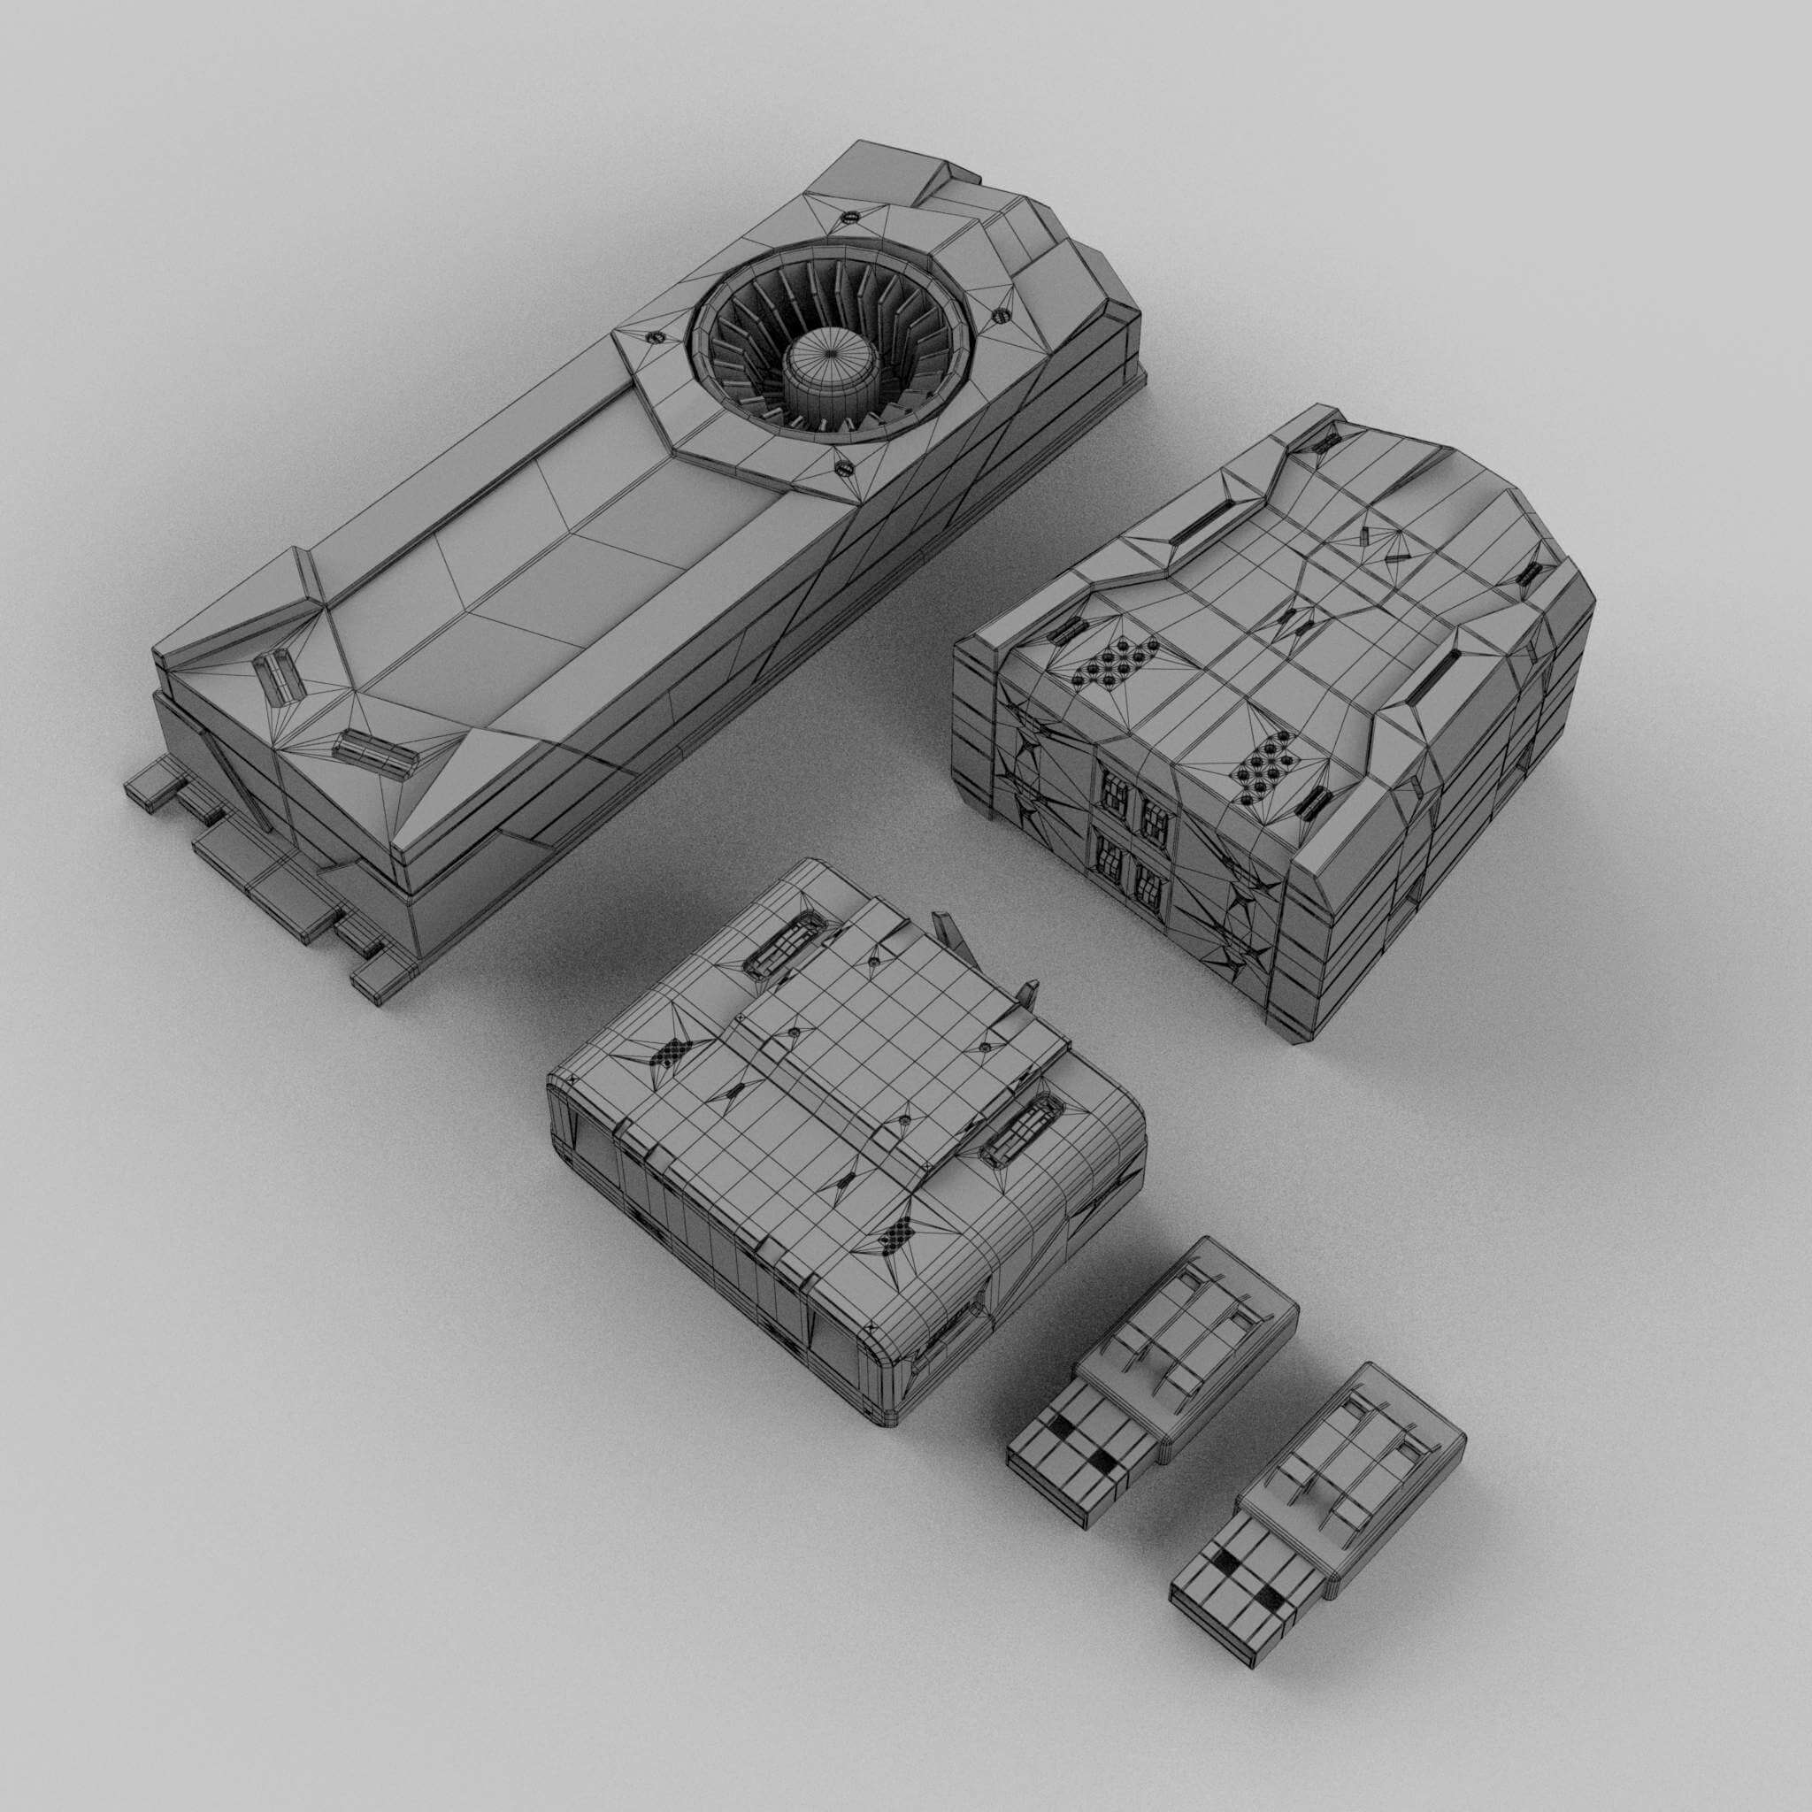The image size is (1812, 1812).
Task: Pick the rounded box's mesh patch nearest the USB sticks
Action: click(896, 1235)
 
